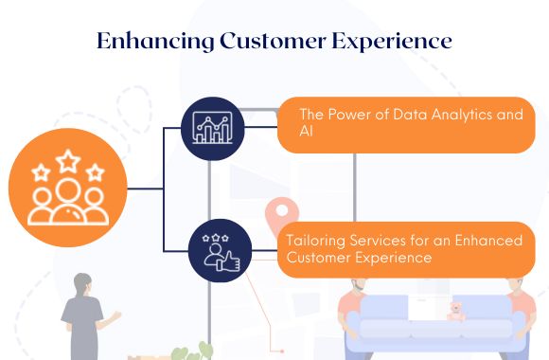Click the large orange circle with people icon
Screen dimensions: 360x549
(66, 189)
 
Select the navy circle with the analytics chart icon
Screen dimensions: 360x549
(212, 128)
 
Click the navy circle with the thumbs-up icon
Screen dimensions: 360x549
(220, 250)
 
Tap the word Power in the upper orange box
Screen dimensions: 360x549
(348, 115)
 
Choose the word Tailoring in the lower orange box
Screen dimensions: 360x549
(317, 240)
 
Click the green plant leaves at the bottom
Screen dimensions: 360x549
(193, 352)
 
